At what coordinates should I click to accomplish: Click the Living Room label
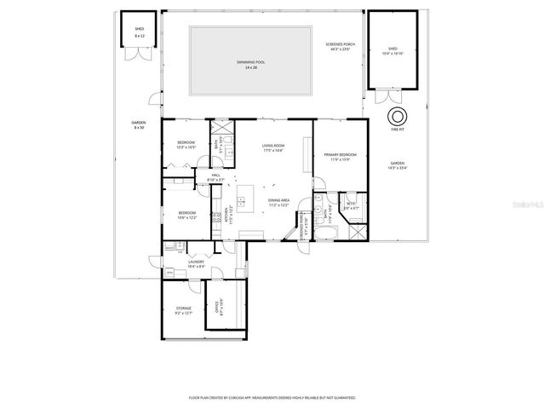click(272, 148)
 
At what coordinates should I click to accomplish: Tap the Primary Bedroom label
click(340, 156)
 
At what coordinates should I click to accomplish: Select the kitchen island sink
click(241, 202)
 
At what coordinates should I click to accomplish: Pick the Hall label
click(215, 178)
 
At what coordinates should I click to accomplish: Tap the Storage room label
click(184, 310)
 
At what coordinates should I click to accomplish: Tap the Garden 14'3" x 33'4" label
click(398, 165)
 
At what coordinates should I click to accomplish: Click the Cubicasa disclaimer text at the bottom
click(272, 397)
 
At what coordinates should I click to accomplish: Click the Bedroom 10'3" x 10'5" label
click(186, 144)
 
